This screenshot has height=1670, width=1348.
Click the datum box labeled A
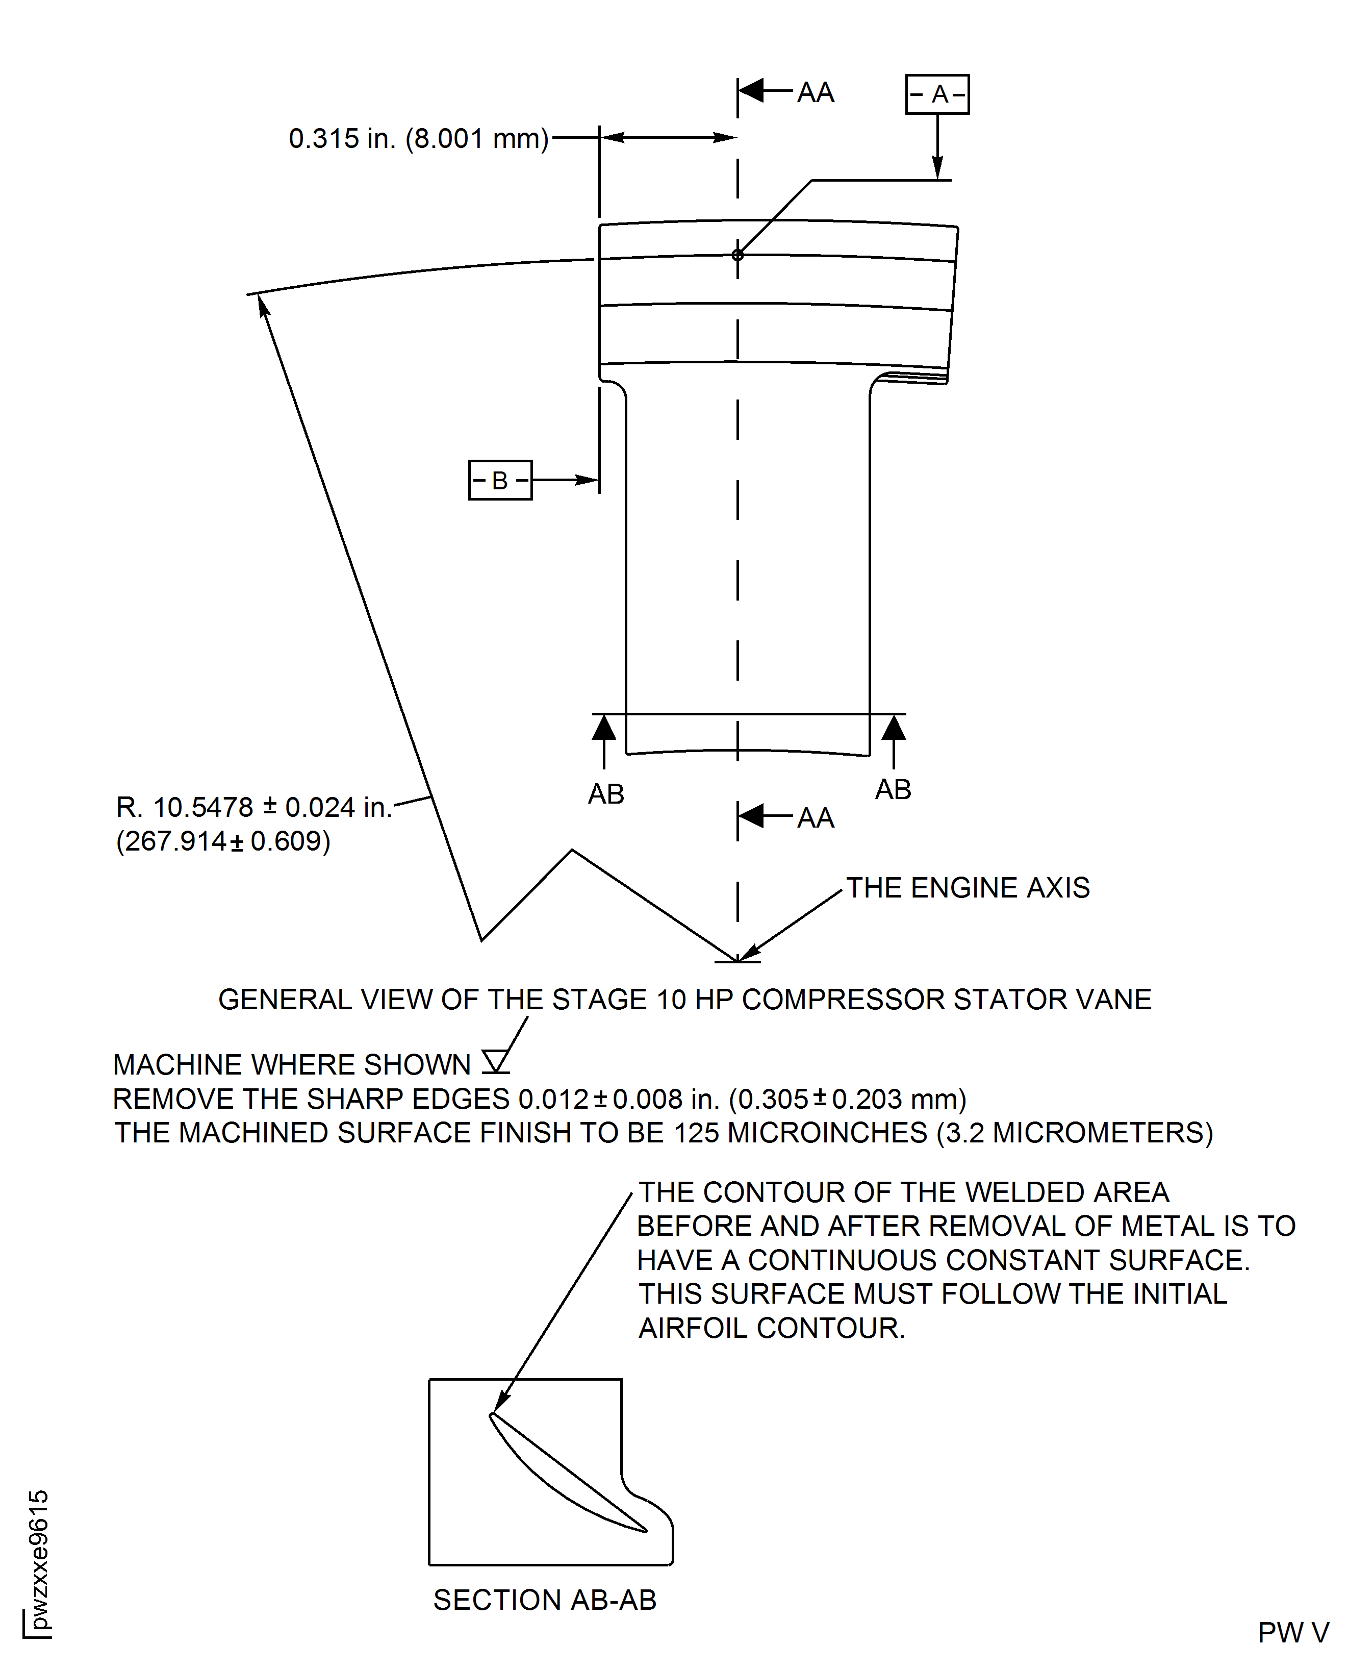click(937, 95)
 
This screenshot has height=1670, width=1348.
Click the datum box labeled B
click(500, 480)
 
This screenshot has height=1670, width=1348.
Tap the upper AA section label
click(816, 93)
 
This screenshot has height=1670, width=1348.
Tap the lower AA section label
click(816, 818)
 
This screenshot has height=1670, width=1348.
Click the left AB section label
click(606, 794)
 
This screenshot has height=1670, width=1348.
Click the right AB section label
click(893, 789)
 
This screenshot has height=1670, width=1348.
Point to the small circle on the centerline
click(737, 255)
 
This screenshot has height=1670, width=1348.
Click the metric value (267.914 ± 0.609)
click(223, 841)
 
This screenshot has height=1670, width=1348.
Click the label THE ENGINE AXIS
click(968, 888)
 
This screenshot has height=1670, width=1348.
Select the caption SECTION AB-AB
click(544, 1600)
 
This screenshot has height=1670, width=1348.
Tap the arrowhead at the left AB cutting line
click(604, 729)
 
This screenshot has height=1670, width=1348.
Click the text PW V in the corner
click(1293, 1633)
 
